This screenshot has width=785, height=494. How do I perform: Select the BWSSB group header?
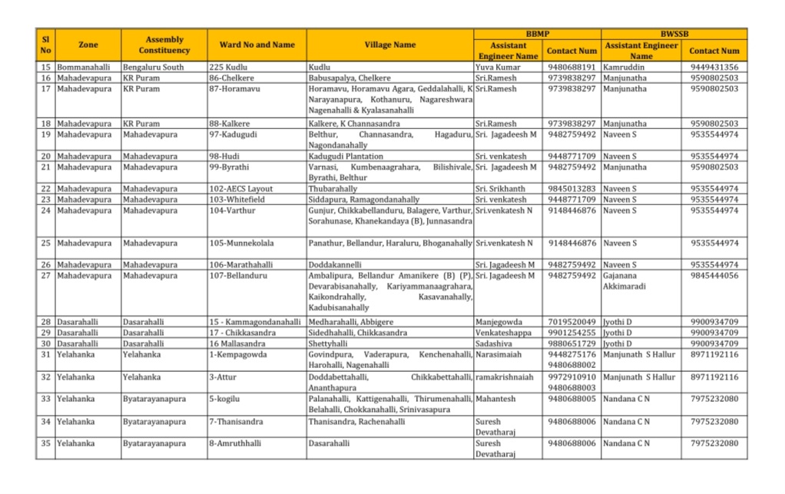(x=674, y=35)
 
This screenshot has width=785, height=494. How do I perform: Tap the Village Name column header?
(x=389, y=45)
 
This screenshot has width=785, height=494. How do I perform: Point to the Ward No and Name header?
(x=257, y=45)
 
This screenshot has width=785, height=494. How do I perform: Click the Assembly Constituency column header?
(x=164, y=45)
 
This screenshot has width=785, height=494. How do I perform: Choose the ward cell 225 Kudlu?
(x=227, y=68)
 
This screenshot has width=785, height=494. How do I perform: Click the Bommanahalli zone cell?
(x=83, y=68)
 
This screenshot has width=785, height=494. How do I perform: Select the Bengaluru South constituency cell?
(x=153, y=68)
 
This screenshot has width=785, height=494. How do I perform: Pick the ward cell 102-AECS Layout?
(x=240, y=189)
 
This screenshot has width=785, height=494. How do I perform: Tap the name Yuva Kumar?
(x=498, y=68)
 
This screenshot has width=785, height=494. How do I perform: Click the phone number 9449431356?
(x=714, y=68)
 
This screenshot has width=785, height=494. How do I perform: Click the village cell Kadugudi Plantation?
(x=346, y=157)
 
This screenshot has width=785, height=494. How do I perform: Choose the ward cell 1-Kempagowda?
(x=238, y=355)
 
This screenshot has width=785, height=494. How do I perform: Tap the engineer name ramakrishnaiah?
(x=504, y=378)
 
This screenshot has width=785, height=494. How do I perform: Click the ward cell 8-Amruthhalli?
(x=237, y=444)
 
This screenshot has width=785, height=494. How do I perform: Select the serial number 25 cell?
(x=45, y=244)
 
